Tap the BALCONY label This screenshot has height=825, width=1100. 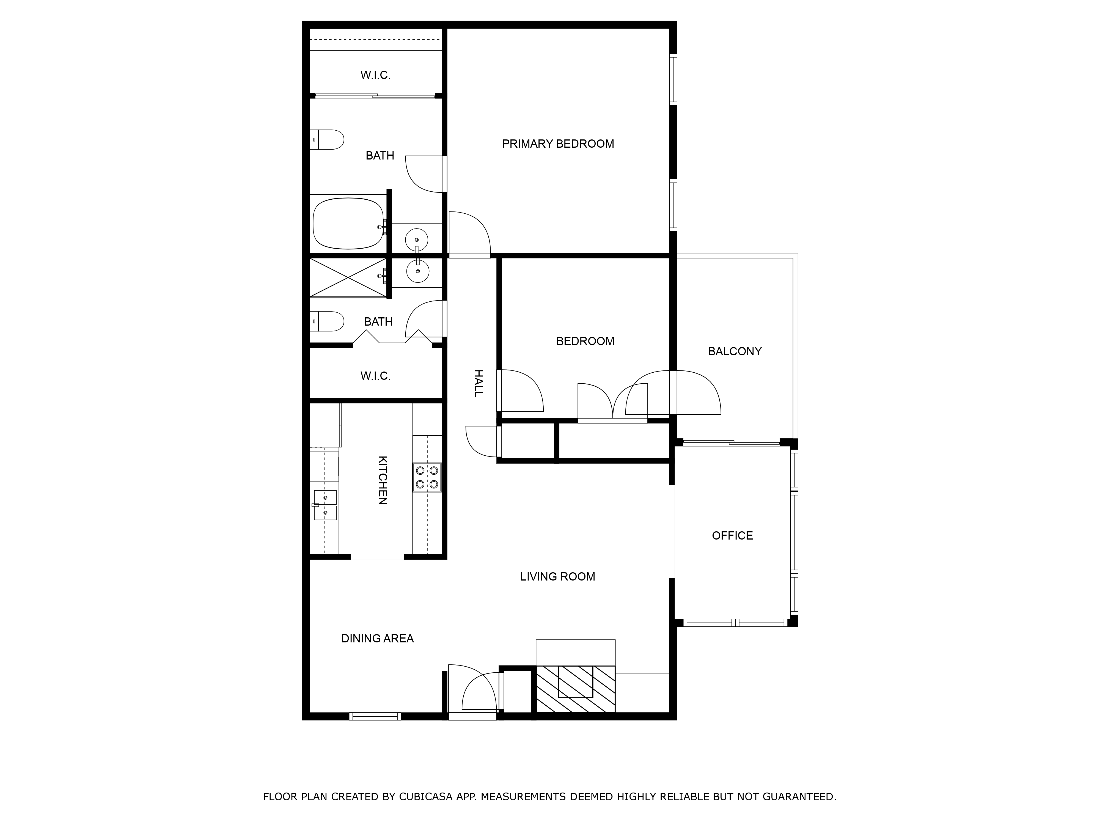735,351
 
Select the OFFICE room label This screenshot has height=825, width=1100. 732,536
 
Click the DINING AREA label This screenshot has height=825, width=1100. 378,639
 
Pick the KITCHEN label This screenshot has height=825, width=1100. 383,480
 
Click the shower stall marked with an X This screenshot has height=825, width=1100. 348,277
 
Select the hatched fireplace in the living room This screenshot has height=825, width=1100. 575,689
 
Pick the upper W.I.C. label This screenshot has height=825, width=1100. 375,75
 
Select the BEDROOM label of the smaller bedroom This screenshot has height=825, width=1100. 585,341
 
